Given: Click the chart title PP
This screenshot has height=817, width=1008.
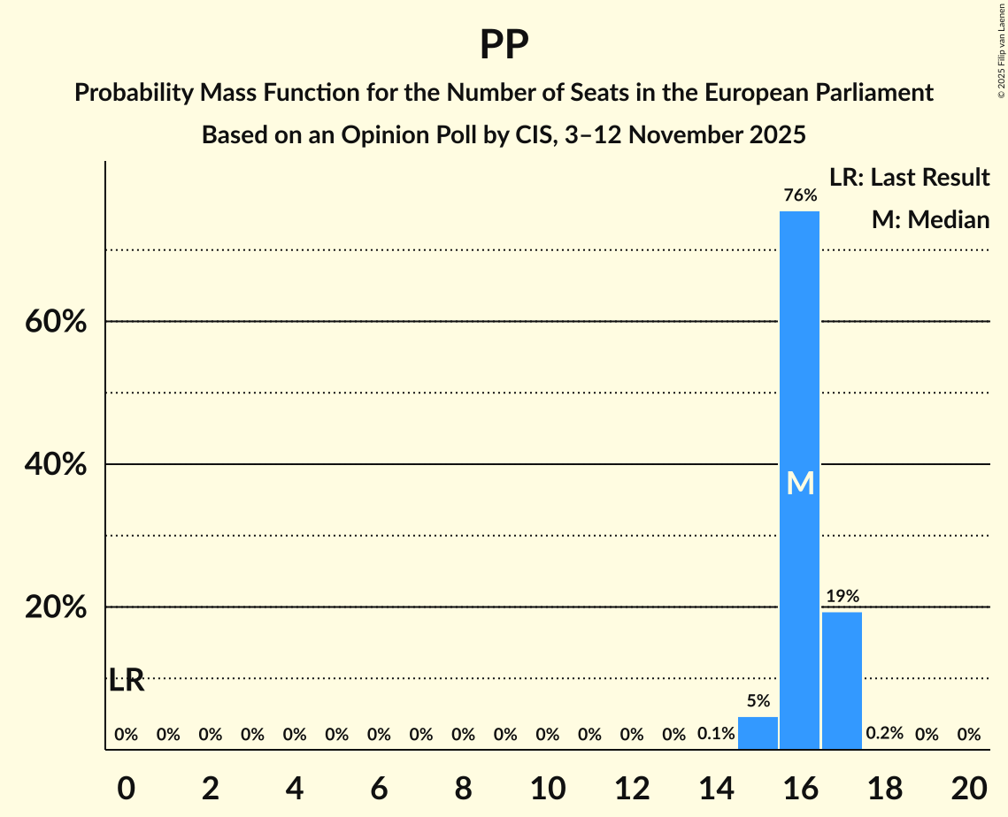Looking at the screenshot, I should pyautogui.click(x=504, y=44).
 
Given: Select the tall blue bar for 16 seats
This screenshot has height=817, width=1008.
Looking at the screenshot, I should pyautogui.click(x=799, y=398).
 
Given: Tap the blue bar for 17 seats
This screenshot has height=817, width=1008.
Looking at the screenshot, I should pyautogui.click(x=842, y=681).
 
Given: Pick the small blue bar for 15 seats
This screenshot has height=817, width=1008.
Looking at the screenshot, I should pyautogui.click(x=758, y=733).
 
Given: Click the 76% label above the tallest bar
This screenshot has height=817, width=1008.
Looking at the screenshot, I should pyautogui.click(x=799, y=195).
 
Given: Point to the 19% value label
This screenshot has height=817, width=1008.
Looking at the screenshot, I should pyautogui.click(x=842, y=597).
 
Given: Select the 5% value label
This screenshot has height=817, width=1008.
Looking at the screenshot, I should pyautogui.click(x=758, y=701).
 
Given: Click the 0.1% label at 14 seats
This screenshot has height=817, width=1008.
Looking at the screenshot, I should pyautogui.click(x=716, y=734).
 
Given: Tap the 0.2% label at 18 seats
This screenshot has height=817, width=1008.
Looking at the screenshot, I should pyautogui.click(x=884, y=734).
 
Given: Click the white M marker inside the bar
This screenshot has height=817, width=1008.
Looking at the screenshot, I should pyautogui.click(x=800, y=483).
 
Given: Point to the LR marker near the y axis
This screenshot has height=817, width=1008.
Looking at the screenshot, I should pyautogui.click(x=126, y=681).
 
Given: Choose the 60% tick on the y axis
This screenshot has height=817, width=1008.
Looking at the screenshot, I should pyautogui.click(x=56, y=322).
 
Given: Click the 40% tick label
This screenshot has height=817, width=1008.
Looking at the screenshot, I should pyautogui.click(x=56, y=465).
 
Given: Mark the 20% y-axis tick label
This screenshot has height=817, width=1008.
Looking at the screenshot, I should pyautogui.click(x=56, y=608).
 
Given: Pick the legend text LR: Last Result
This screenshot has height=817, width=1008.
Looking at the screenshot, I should pyautogui.click(x=909, y=178).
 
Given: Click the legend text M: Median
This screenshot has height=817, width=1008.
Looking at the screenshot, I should pyautogui.click(x=930, y=220).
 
